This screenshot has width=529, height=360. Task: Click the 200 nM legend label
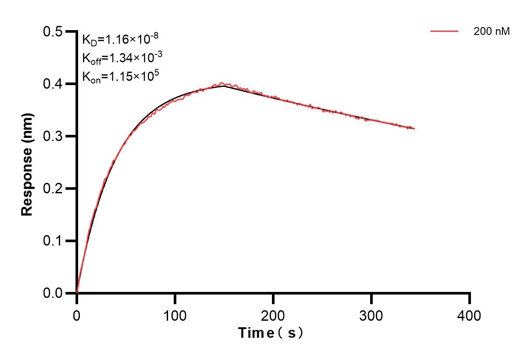491,31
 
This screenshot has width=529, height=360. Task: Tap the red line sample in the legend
444,31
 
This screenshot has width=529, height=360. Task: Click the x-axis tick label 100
175,315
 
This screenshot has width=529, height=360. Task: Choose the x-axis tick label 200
273,315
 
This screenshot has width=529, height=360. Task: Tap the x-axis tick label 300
371,315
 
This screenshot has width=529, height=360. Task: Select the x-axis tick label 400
470,315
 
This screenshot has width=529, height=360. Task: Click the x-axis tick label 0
77,315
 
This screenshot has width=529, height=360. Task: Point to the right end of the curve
413,129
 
